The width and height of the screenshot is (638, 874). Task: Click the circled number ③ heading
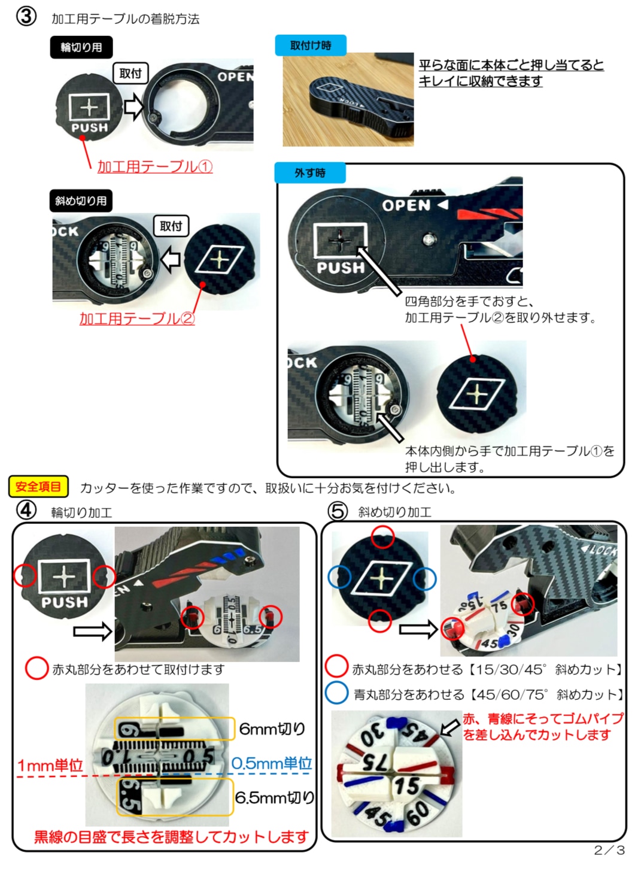(x=26, y=17)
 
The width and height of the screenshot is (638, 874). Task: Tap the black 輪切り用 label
(x=81, y=47)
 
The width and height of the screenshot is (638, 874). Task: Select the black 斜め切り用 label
(x=81, y=201)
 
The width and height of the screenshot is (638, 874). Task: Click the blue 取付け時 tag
(x=311, y=45)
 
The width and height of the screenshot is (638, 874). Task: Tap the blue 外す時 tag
(x=310, y=172)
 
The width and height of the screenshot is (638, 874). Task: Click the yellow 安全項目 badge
(x=38, y=487)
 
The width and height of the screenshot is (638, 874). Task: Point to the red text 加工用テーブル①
(x=155, y=166)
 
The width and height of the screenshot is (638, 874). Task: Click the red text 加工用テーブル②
(x=137, y=318)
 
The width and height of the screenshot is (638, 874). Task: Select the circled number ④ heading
(x=26, y=510)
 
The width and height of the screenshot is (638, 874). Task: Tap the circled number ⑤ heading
(x=338, y=511)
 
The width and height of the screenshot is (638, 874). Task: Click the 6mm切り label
(x=272, y=728)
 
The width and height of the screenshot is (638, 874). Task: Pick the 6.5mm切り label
(x=275, y=797)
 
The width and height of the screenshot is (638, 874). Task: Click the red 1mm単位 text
(x=50, y=766)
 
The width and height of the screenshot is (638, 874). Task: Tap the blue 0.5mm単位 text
(x=272, y=763)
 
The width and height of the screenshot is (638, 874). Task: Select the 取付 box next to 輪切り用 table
(x=130, y=73)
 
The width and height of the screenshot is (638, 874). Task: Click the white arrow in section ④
(x=93, y=631)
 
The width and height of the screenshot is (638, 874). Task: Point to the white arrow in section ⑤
(x=418, y=629)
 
